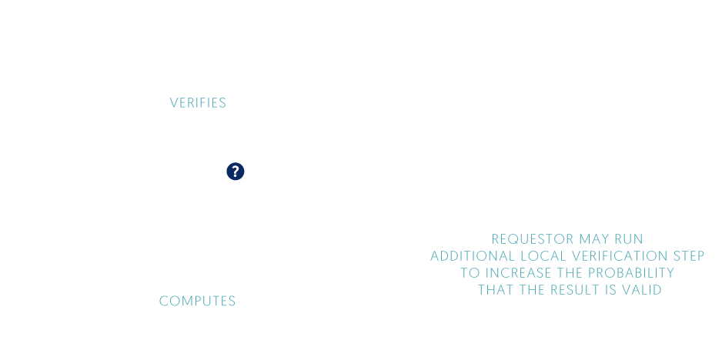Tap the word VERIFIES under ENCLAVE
tap(198, 102)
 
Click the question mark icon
tap(235, 171)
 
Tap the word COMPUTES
tap(198, 302)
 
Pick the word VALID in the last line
tap(643, 290)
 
